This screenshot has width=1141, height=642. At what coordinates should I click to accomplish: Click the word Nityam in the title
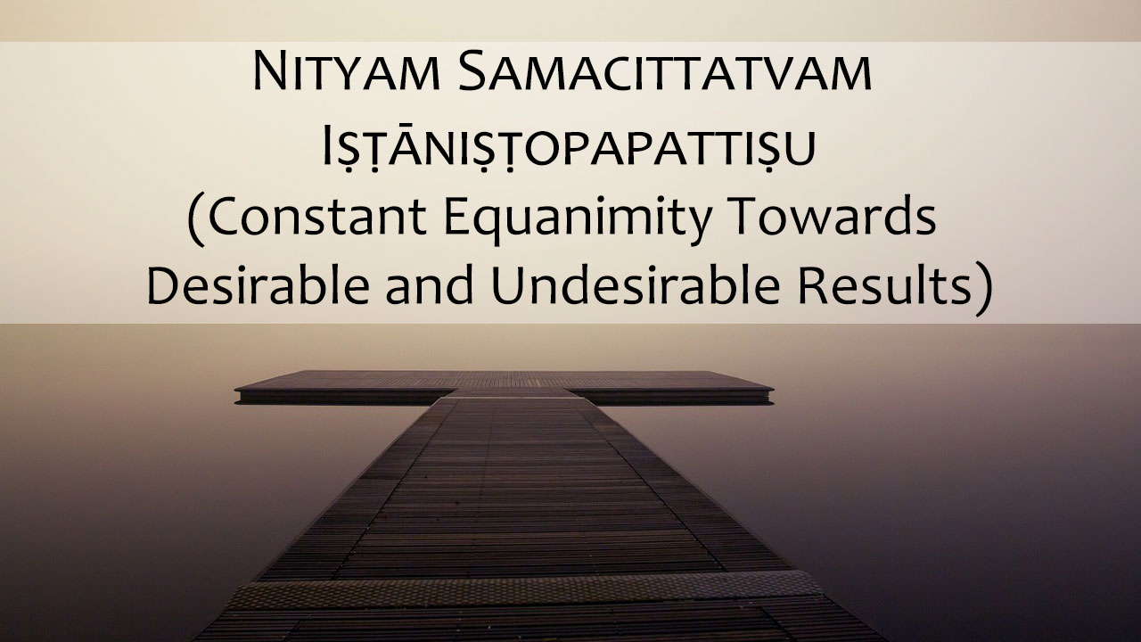[x=346, y=71]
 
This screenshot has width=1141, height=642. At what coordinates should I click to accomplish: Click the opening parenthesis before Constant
[x=196, y=220]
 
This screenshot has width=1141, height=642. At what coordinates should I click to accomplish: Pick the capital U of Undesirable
[x=507, y=284]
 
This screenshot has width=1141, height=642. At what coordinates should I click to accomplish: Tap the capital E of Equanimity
[x=457, y=216]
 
